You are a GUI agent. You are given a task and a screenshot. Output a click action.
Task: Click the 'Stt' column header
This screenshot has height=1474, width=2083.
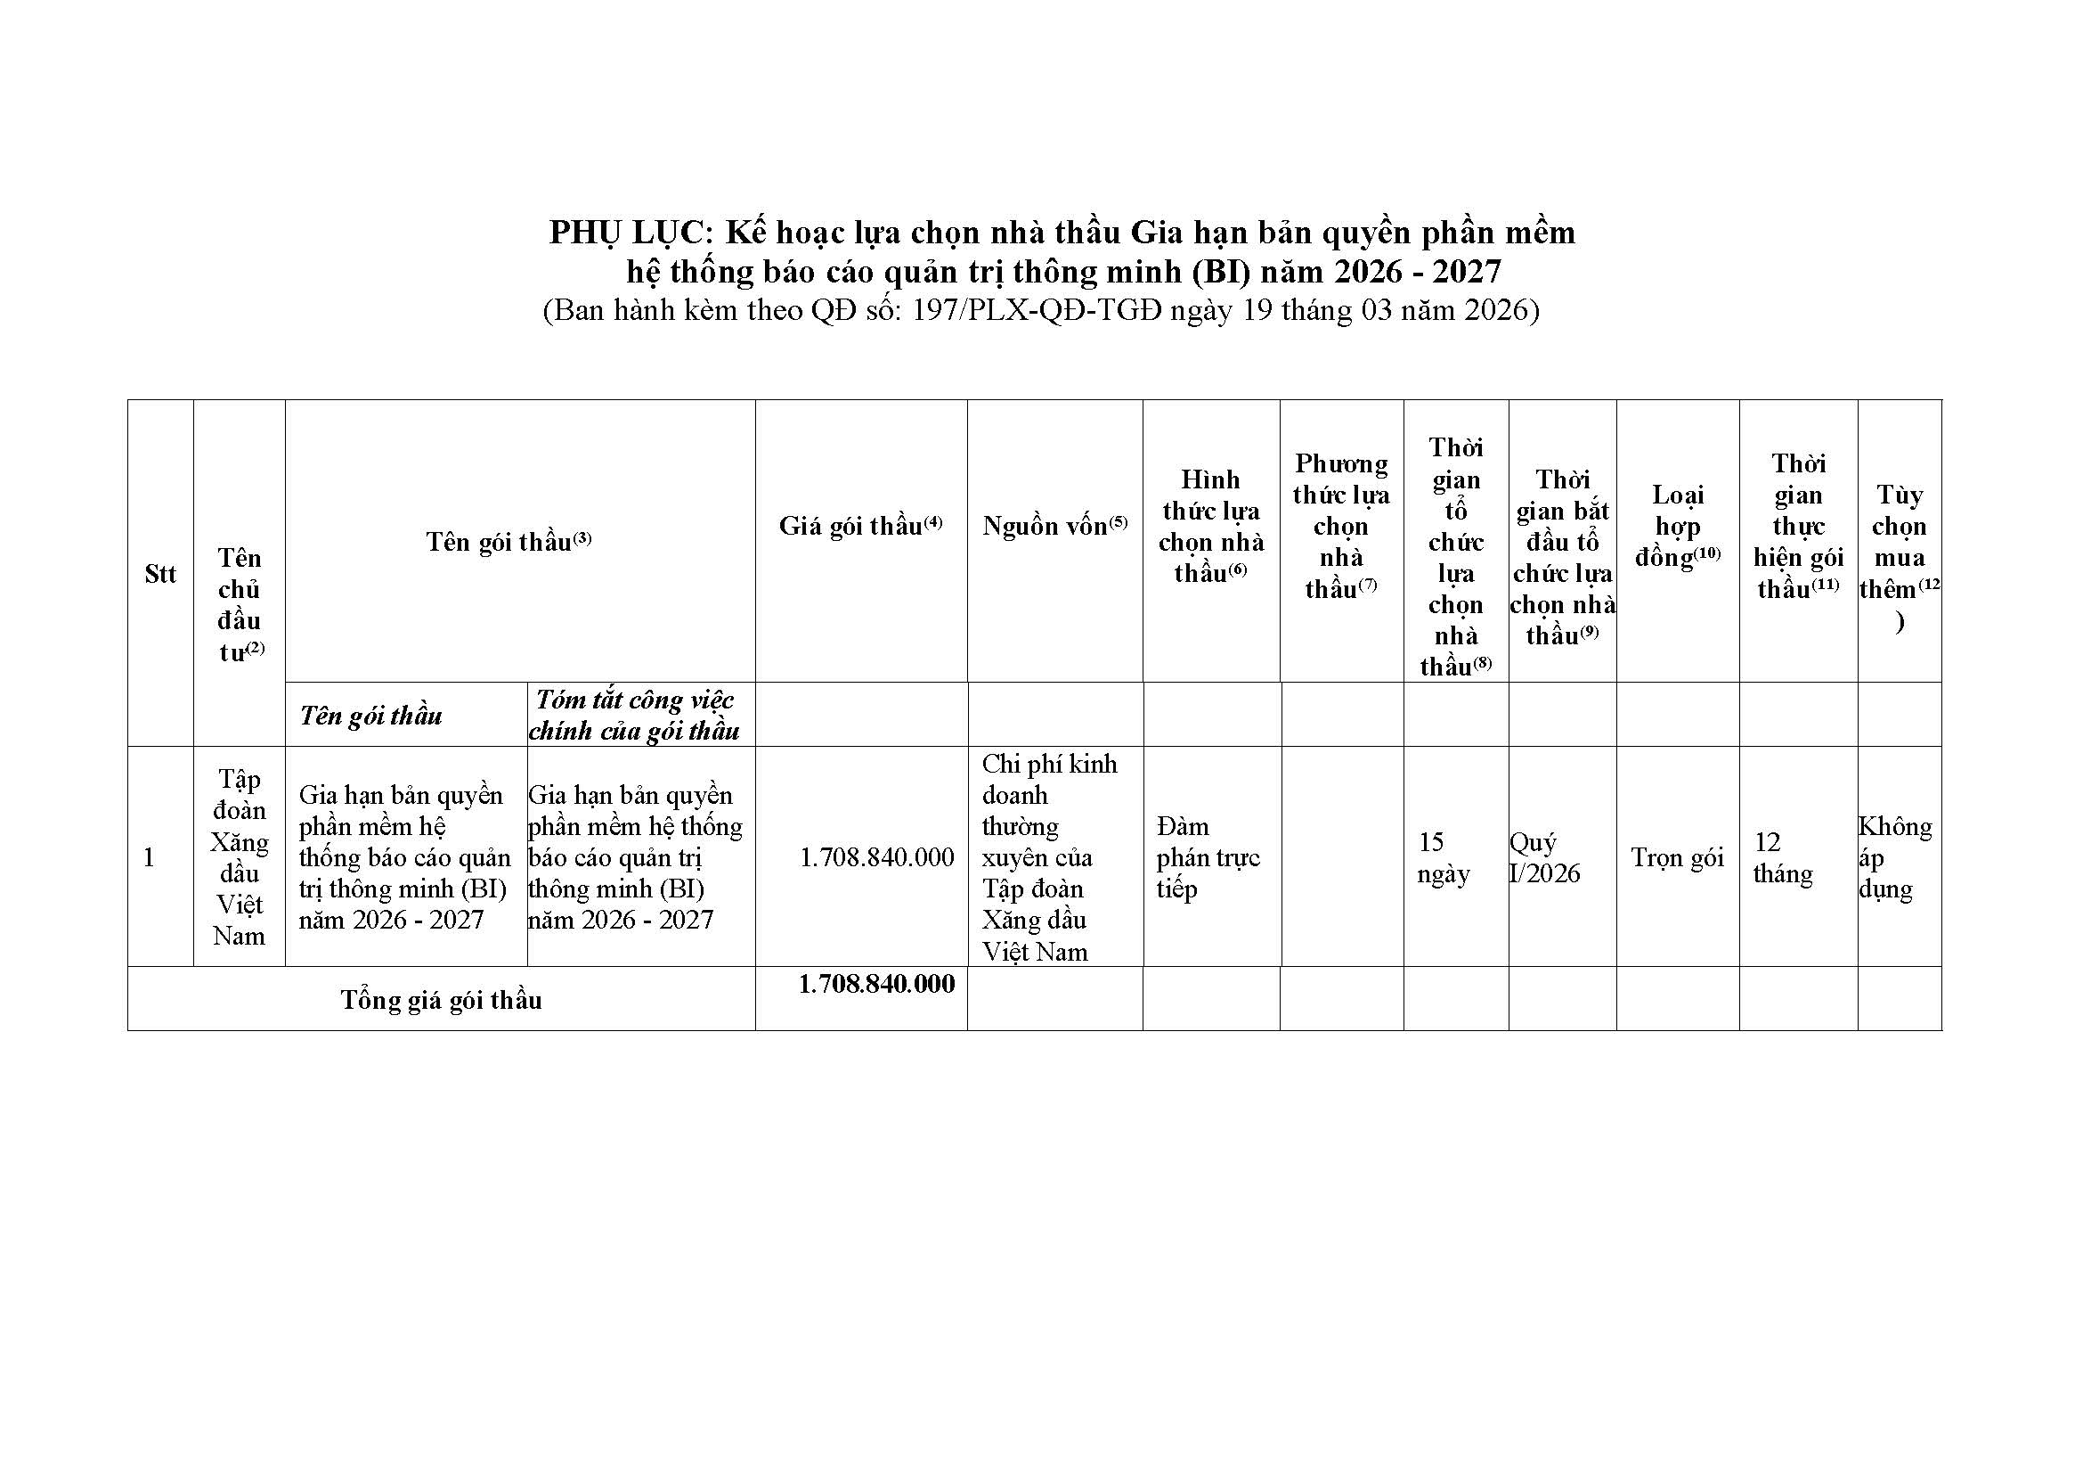160,574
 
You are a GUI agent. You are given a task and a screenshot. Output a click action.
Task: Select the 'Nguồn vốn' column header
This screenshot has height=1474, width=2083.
1054,526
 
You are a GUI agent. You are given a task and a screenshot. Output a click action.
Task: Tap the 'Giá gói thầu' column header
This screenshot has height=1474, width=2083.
860,526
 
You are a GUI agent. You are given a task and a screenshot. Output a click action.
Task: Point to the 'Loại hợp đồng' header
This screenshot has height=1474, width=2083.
1678,526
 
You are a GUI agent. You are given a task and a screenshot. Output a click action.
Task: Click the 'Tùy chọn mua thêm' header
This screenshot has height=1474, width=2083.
1899,557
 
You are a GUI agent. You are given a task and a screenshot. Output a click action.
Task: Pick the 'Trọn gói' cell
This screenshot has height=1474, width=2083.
1677,856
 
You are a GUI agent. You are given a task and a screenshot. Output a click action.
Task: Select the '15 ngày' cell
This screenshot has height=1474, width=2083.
1443,856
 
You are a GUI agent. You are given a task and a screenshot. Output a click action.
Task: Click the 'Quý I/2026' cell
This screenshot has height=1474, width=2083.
1544,856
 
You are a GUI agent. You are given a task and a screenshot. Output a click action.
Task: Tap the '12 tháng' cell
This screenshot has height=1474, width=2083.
1783,856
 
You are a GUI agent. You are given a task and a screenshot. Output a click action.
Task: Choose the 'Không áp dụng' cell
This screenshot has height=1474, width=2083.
1894,856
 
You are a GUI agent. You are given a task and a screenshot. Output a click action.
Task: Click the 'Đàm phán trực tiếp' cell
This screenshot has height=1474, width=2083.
1208,856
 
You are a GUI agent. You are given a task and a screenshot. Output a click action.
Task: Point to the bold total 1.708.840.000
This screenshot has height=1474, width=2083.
876,984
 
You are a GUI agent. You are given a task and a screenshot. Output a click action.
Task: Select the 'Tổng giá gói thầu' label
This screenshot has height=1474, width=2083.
441,999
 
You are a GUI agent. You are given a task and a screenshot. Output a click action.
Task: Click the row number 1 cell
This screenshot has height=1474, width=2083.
150,856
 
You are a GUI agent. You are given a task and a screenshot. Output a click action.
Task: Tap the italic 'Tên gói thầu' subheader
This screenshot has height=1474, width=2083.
370,716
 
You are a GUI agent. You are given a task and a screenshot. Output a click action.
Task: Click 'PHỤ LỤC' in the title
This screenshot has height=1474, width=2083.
627,233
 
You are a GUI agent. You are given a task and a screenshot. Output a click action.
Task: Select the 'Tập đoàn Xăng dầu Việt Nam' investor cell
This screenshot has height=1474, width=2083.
240,856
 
